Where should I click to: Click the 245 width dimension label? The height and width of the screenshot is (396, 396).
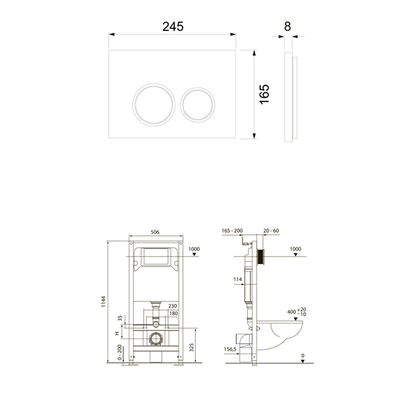point(173,27)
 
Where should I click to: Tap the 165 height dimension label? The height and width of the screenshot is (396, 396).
point(264,94)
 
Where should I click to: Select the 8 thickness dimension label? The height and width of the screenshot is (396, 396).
point(287,27)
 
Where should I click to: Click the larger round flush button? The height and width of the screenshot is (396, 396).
point(154,105)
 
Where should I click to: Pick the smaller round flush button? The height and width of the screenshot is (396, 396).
point(198,105)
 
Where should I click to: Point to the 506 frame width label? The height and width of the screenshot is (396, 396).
point(155,232)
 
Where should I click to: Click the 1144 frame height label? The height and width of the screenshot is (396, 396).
point(104,302)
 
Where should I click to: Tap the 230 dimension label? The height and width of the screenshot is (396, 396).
point(173,306)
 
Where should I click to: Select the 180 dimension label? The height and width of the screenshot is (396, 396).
point(174,313)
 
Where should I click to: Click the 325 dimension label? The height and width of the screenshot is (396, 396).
point(191,347)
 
